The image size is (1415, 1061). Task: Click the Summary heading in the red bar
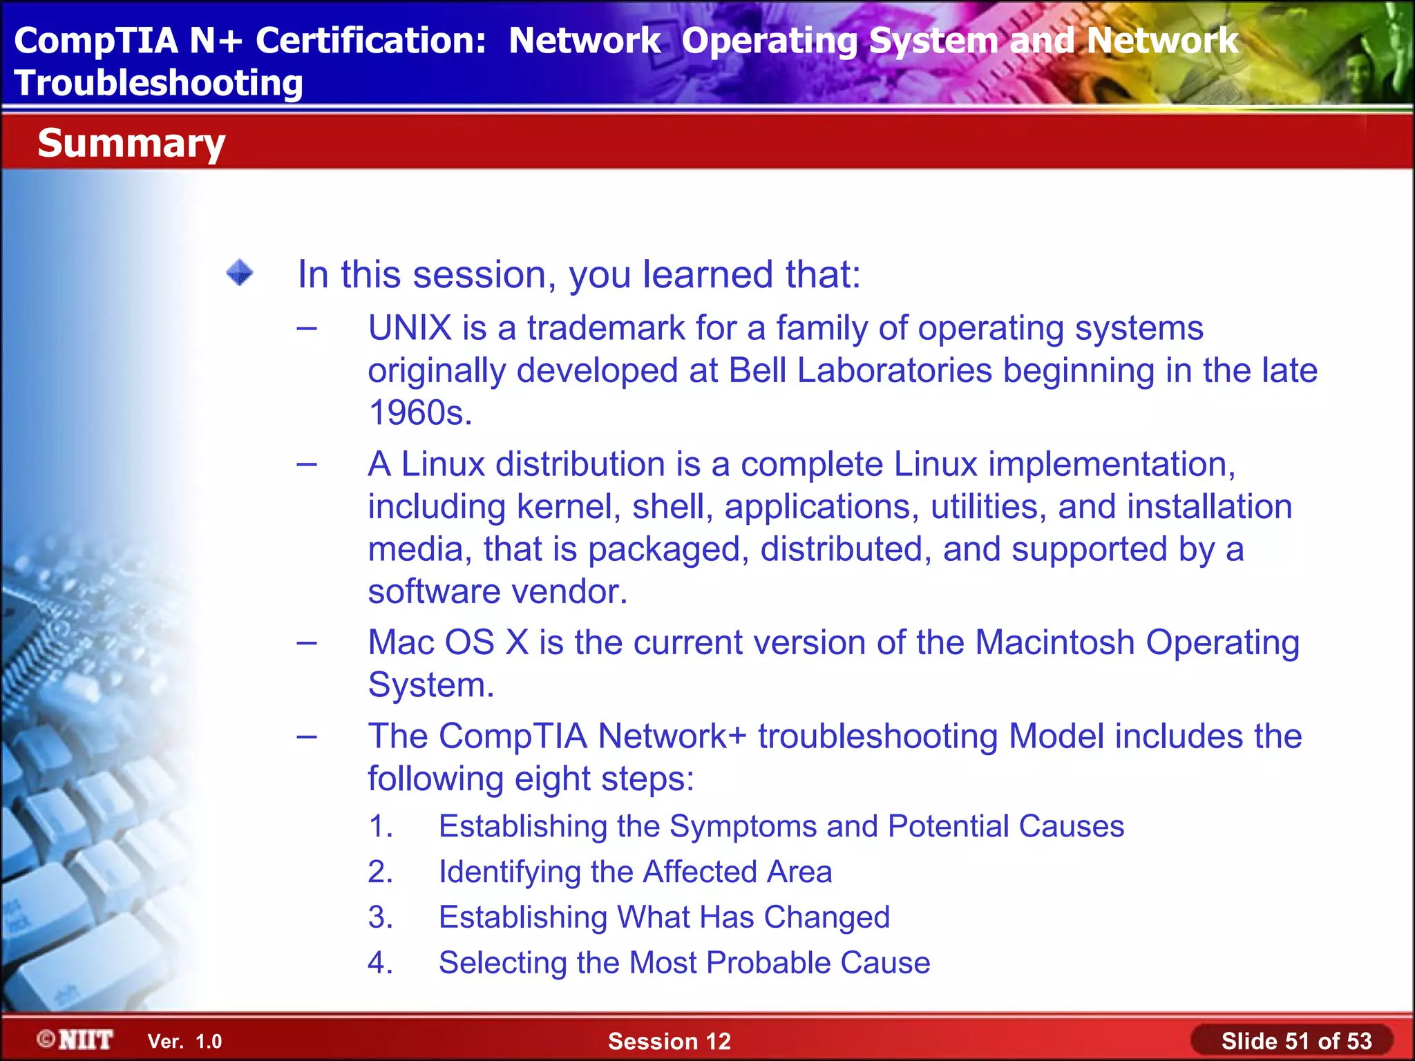(x=131, y=143)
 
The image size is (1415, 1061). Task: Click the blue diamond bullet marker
(x=240, y=272)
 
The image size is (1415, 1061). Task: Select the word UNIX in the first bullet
(x=410, y=327)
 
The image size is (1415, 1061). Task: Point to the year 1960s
(x=420, y=412)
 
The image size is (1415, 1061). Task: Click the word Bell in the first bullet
(x=757, y=370)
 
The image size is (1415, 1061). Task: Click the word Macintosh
(x=1055, y=642)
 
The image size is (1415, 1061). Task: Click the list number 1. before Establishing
(x=381, y=826)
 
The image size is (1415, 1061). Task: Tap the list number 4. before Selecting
(x=381, y=963)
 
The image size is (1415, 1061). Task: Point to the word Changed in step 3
(x=826, y=917)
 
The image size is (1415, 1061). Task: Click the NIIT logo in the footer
(x=76, y=1040)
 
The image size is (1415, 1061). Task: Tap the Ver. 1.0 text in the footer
(x=184, y=1042)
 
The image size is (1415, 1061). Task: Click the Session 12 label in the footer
(x=669, y=1041)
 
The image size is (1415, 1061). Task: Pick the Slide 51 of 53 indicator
(x=1296, y=1041)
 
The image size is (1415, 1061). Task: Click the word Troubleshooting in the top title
(x=159, y=83)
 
